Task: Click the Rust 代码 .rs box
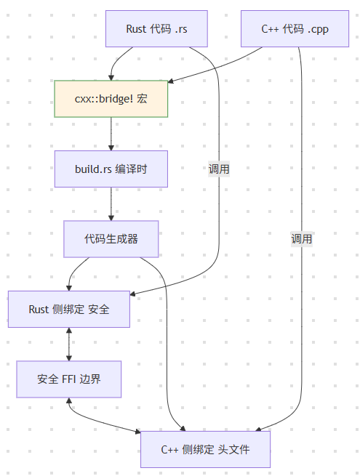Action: pos(156,29)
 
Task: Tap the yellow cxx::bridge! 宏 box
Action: pos(111,99)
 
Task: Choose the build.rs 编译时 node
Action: pos(111,169)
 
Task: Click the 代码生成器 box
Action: pos(111,238)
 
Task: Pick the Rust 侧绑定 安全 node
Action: pos(69,309)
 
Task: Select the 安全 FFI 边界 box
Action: pos(69,379)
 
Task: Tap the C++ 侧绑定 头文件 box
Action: pos(205,449)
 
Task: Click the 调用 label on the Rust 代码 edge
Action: pos(219,169)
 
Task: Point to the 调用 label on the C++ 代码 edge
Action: pos(301,238)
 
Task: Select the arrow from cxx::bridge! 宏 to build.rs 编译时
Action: pos(111,134)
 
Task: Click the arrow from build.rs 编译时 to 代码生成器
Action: pos(111,203)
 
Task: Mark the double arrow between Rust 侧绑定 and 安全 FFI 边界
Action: pos(69,344)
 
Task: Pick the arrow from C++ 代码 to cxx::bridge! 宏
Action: pos(218,64)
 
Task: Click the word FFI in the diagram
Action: pos(70,379)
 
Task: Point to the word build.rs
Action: pos(93,169)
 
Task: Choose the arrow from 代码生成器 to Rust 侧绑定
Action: pos(76,269)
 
